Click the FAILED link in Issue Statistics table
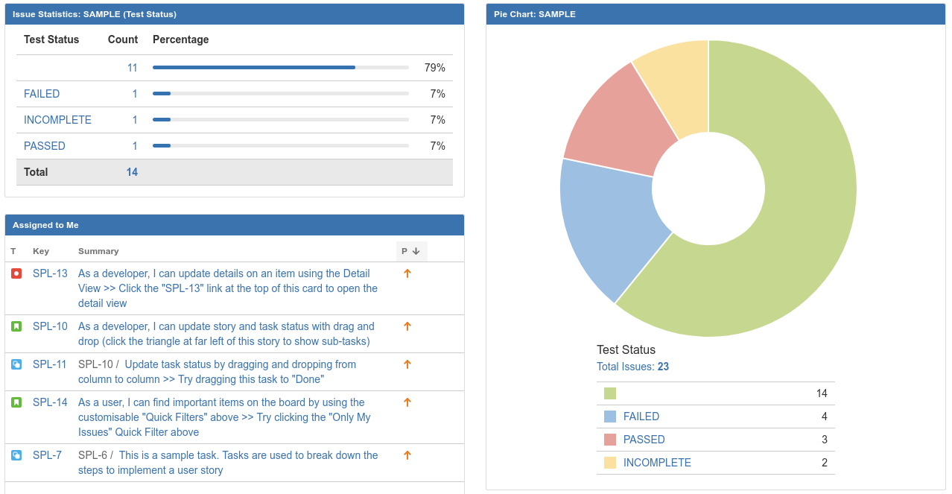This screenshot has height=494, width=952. click(42, 94)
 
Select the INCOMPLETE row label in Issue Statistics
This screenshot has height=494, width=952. click(57, 120)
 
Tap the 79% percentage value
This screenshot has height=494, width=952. click(434, 68)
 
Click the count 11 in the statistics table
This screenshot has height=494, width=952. click(132, 68)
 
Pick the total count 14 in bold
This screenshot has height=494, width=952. click(132, 172)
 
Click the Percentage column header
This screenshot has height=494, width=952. click(180, 39)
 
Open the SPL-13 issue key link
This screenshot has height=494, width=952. click(50, 273)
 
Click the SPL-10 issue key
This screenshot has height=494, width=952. click(50, 326)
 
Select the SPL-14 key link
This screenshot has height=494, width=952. click(50, 402)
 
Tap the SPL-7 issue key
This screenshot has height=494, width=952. click(47, 455)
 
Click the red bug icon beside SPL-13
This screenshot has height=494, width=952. click(16, 273)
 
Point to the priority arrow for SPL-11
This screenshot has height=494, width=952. click(407, 364)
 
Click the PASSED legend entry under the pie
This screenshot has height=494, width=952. click(644, 440)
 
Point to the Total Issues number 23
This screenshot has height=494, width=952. click(663, 367)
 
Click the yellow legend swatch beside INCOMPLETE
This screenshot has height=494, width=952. click(610, 463)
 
